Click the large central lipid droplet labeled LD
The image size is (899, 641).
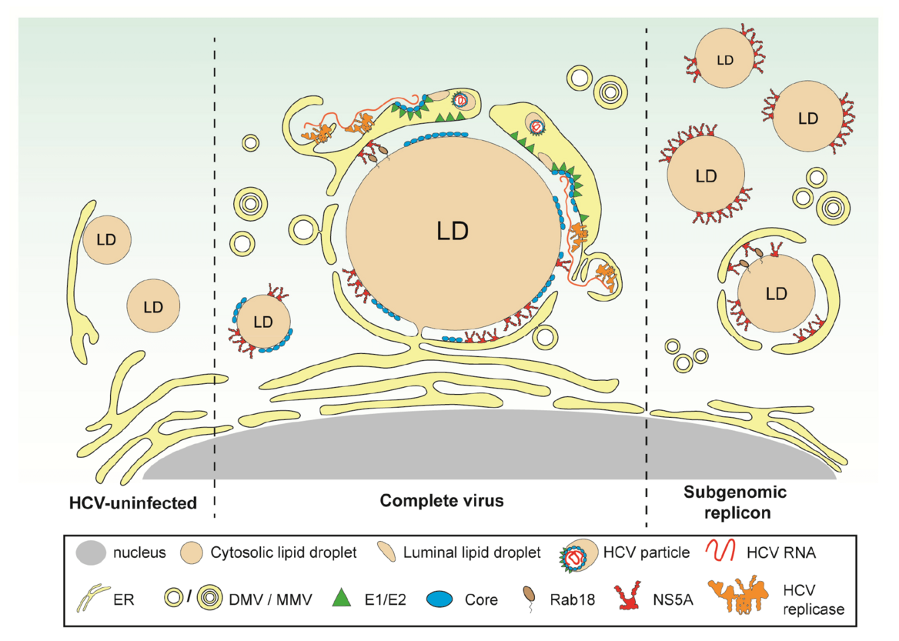(x=453, y=231)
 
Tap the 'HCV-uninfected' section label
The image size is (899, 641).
(x=131, y=503)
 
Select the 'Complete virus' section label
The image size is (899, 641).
(x=442, y=501)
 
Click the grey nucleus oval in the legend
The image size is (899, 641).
(x=91, y=553)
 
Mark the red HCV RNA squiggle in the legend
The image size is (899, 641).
(x=717, y=552)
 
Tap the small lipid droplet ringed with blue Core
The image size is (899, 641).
(x=263, y=321)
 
